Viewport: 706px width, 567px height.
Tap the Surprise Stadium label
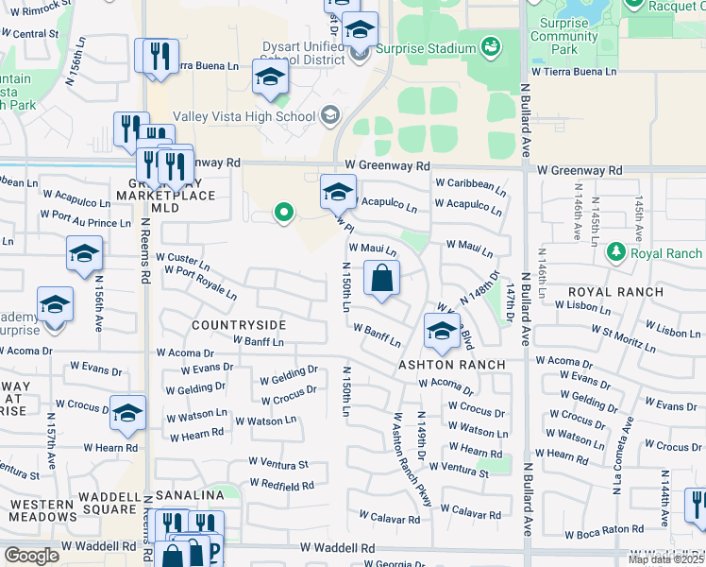[425, 48]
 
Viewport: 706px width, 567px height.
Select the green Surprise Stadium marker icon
[490, 46]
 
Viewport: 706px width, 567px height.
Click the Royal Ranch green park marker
[615, 252]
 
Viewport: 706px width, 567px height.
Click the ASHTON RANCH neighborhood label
[451, 364]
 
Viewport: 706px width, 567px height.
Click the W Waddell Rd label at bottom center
[337, 548]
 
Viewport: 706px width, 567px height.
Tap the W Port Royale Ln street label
[200, 282]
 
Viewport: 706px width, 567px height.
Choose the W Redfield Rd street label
[281, 486]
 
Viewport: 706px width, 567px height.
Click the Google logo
[31, 556]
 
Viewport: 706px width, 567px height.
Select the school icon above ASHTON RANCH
[442, 331]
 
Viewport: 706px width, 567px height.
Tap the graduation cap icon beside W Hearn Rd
[127, 412]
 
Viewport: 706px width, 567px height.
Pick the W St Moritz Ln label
[631, 336]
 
